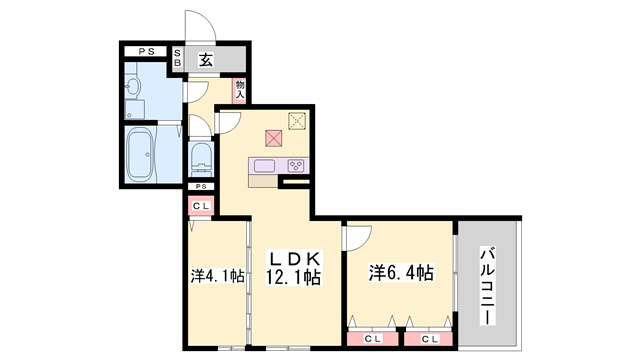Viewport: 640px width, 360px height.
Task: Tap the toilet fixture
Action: pyautogui.click(x=200, y=157)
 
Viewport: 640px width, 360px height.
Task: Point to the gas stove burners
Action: pyautogui.click(x=296, y=165)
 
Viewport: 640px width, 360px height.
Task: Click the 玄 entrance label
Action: pyautogui.click(x=205, y=60)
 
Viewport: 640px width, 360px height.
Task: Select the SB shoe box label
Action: pyautogui.click(x=178, y=59)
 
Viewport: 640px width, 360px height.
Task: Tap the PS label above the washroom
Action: pyautogui.click(x=145, y=50)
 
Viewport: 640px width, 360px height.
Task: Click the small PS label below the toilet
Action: pyautogui.click(x=201, y=187)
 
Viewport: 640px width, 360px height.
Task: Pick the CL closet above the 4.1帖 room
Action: pyautogui.click(x=201, y=206)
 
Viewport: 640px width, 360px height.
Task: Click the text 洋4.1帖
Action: pyautogui.click(x=217, y=275)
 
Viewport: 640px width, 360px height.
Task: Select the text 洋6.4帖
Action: pyautogui.click(x=400, y=272)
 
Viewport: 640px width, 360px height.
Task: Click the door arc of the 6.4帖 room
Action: pyautogui.click(x=359, y=236)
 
